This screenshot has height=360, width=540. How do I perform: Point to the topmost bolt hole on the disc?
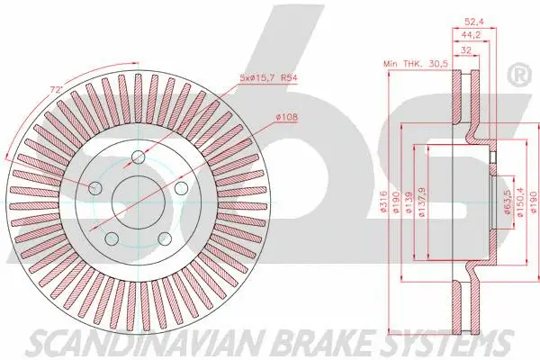tap(138, 157)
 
